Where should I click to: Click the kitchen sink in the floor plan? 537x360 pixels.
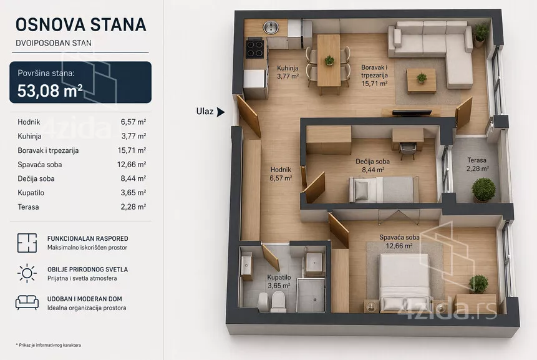click(x=271, y=27)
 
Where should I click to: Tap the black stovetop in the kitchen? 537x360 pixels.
click(x=255, y=49)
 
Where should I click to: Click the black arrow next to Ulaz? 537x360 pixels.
click(x=221, y=112)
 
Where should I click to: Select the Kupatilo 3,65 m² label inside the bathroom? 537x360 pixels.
click(x=279, y=281)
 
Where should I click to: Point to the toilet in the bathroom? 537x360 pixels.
click(x=278, y=301)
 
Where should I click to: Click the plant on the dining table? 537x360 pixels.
click(x=329, y=61)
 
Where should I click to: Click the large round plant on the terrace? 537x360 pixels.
click(x=483, y=190)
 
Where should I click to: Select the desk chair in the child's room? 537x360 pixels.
click(x=407, y=150)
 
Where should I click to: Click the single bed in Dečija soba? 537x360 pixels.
click(x=384, y=189)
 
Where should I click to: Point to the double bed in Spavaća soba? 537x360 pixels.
click(x=404, y=283)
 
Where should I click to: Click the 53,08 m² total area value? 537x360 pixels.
click(x=50, y=90)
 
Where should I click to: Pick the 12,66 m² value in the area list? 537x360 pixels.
click(x=132, y=165)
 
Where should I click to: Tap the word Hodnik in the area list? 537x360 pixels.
click(x=29, y=122)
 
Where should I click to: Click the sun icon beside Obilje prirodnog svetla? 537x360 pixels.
click(x=27, y=273)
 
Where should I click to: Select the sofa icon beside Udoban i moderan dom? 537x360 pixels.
click(x=27, y=303)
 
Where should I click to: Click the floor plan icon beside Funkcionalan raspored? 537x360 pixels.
click(x=27, y=243)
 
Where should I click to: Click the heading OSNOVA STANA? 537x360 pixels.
click(x=81, y=25)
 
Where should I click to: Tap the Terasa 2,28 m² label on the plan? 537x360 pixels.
click(x=477, y=165)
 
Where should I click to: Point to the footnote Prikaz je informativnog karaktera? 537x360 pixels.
click(x=48, y=345)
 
